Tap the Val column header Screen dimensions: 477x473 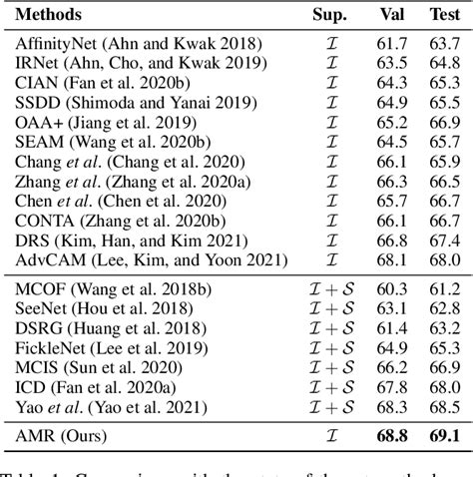click(x=391, y=16)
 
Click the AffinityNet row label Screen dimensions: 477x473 click(x=138, y=44)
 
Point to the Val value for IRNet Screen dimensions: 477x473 click(x=391, y=62)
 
